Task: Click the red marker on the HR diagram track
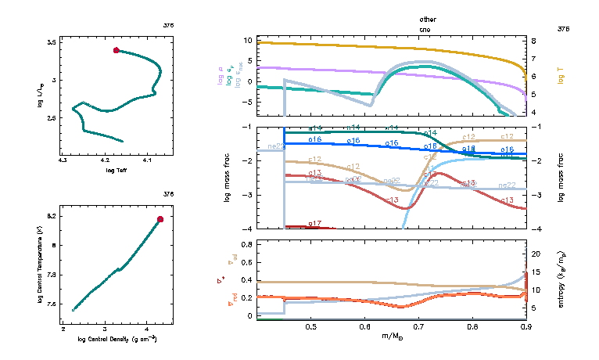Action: point(117,50)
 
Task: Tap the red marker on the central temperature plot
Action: point(160,219)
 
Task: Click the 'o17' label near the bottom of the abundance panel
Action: point(315,224)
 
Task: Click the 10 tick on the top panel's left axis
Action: point(246,39)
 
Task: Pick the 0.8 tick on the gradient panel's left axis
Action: point(246,244)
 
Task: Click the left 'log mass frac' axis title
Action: point(227,178)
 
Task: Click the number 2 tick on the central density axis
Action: point(63,329)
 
